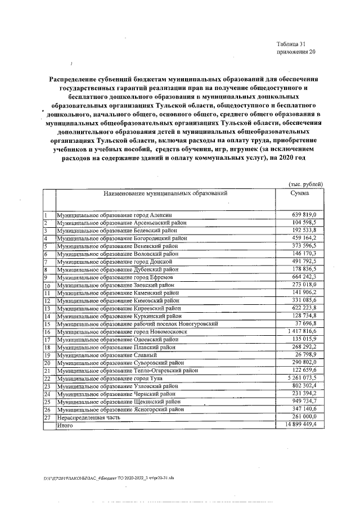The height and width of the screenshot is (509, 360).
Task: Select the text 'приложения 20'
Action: (x=296, y=52)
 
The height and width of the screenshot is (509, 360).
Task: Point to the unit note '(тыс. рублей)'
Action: (x=305, y=184)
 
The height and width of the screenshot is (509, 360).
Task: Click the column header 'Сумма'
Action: (x=300, y=192)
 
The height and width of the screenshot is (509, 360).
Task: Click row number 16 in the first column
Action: (x=47, y=332)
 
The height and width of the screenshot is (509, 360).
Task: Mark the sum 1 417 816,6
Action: (x=301, y=332)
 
